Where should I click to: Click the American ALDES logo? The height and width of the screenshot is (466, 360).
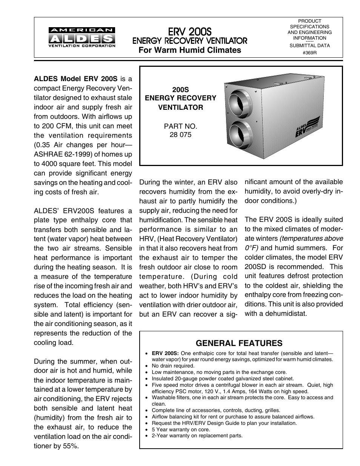(82, 37)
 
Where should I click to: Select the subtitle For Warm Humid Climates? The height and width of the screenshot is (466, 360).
(189, 50)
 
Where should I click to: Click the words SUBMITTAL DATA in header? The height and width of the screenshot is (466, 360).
(309, 45)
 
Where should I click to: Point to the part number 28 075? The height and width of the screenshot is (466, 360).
(180, 135)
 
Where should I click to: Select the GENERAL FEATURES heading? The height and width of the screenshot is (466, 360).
(239, 343)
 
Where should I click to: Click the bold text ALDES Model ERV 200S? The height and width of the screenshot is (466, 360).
(76, 79)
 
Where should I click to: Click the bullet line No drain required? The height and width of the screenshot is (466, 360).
(173, 366)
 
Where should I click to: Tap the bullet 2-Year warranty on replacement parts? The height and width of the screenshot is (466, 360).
(197, 436)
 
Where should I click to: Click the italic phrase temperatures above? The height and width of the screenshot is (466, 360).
(311, 238)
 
